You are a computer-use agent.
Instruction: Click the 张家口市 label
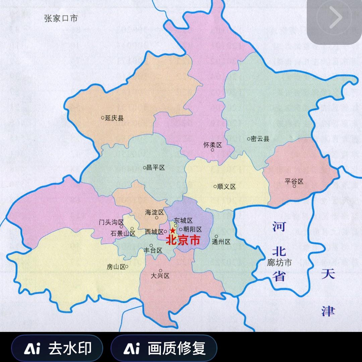tap(61, 18)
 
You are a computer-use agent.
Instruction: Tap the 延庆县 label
tap(114, 118)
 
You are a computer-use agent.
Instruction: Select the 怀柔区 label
tap(213, 145)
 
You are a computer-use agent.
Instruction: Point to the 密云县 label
tap(260, 139)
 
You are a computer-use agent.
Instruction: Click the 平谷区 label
tap(294, 181)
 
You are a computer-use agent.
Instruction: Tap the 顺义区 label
tap(226, 187)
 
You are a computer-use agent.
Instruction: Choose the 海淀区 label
tap(154, 213)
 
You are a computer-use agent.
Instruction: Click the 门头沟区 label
tap(111, 222)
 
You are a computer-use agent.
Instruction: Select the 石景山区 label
tap(122, 234)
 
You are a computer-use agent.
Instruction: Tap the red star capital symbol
tap(172, 231)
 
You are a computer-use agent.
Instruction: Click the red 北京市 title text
tap(183, 240)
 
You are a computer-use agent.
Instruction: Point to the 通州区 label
tap(221, 242)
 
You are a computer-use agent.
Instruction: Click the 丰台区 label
tap(153, 250)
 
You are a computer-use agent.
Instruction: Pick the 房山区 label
tap(116, 267)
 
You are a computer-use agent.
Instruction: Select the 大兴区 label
tap(160, 276)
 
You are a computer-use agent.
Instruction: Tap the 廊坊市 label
tap(279, 262)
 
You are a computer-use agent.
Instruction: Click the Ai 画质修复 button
tap(164, 349)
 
